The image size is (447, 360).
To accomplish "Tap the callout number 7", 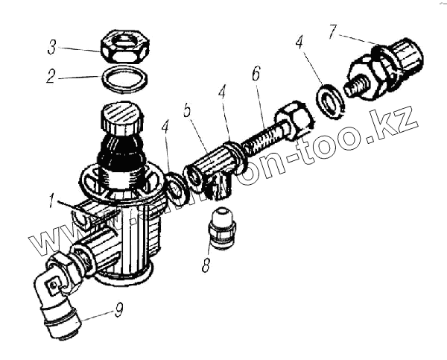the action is [332, 31].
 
